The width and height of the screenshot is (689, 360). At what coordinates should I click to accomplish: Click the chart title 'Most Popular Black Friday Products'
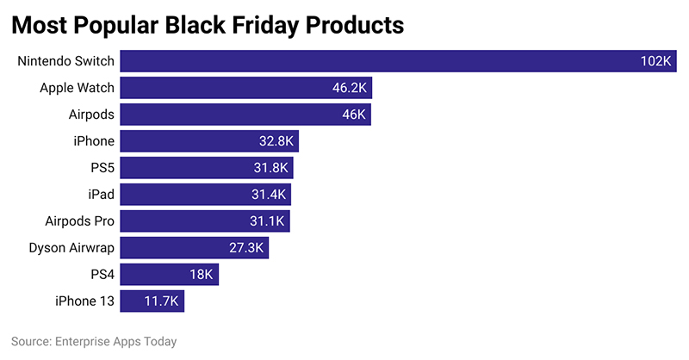click(x=207, y=26)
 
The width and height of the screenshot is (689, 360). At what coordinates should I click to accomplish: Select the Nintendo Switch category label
click(x=66, y=61)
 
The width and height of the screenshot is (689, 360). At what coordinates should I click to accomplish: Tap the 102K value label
click(x=655, y=61)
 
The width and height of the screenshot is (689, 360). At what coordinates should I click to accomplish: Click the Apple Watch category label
click(x=78, y=88)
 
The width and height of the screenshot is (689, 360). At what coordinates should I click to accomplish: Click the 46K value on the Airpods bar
click(x=354, y=115)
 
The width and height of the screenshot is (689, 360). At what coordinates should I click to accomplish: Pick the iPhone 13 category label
click(x=84, y=301)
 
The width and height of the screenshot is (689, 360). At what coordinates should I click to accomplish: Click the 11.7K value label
click(x=160, y=301)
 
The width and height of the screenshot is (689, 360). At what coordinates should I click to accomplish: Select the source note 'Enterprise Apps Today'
click(x=94, y=342)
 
